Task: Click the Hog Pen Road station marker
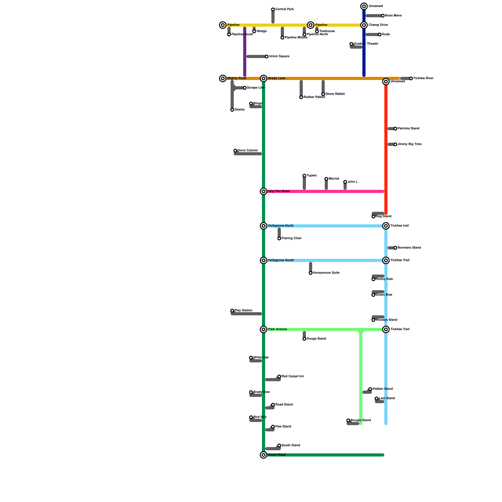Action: (264, 191)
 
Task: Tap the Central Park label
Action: (284, 9)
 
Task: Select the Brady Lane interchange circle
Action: (264, 78)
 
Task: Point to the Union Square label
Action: (279, 56)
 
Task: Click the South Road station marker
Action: (264, 455)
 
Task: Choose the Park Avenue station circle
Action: (264, 329)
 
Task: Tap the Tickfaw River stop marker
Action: (411, 78)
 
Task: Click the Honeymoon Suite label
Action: (326, 273)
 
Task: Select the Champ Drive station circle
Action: (364, 25)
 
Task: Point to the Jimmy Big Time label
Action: (409, 144)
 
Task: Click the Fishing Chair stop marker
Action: (279, 238)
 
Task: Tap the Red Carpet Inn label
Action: (292, 376)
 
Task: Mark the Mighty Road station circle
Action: (223, 78)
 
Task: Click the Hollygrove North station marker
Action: (264, 226)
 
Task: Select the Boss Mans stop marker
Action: (383, 16)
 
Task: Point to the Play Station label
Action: (243, 311)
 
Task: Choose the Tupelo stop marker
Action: (304, 176)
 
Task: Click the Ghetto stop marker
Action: (232, 110)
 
